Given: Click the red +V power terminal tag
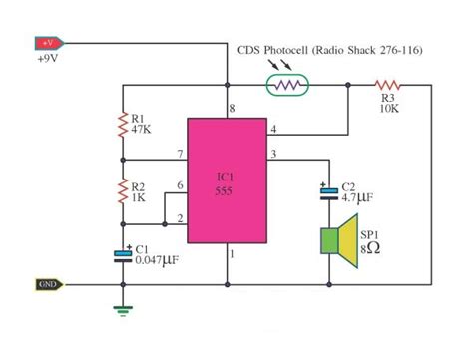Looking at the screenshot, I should tap(49, 43).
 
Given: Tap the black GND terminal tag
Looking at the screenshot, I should tap(48, 284).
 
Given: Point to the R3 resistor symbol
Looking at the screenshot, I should tap(388, 86).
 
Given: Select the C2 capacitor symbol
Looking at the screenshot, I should tap(326, 191).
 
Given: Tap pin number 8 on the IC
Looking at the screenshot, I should tap(232, 107).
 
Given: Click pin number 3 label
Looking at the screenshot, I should tap(273, 152).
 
